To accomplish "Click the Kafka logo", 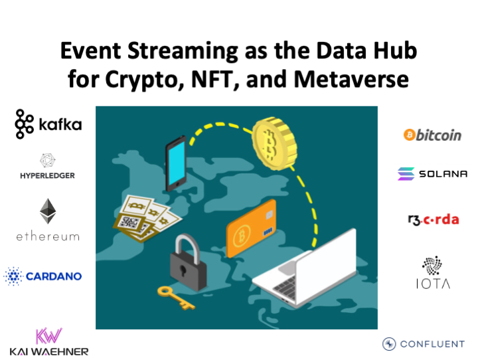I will (x=48, y=124).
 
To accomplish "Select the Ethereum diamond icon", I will (x=48, y=211).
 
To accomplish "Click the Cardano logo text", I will (x=54, y=275).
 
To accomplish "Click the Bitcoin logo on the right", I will (x=432, y=135).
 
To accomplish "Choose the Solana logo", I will (x=432, y=174).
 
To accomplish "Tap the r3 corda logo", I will (x=433, y=219).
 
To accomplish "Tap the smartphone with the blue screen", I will (x=175, y=163).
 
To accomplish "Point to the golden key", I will (x=175, y=296).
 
